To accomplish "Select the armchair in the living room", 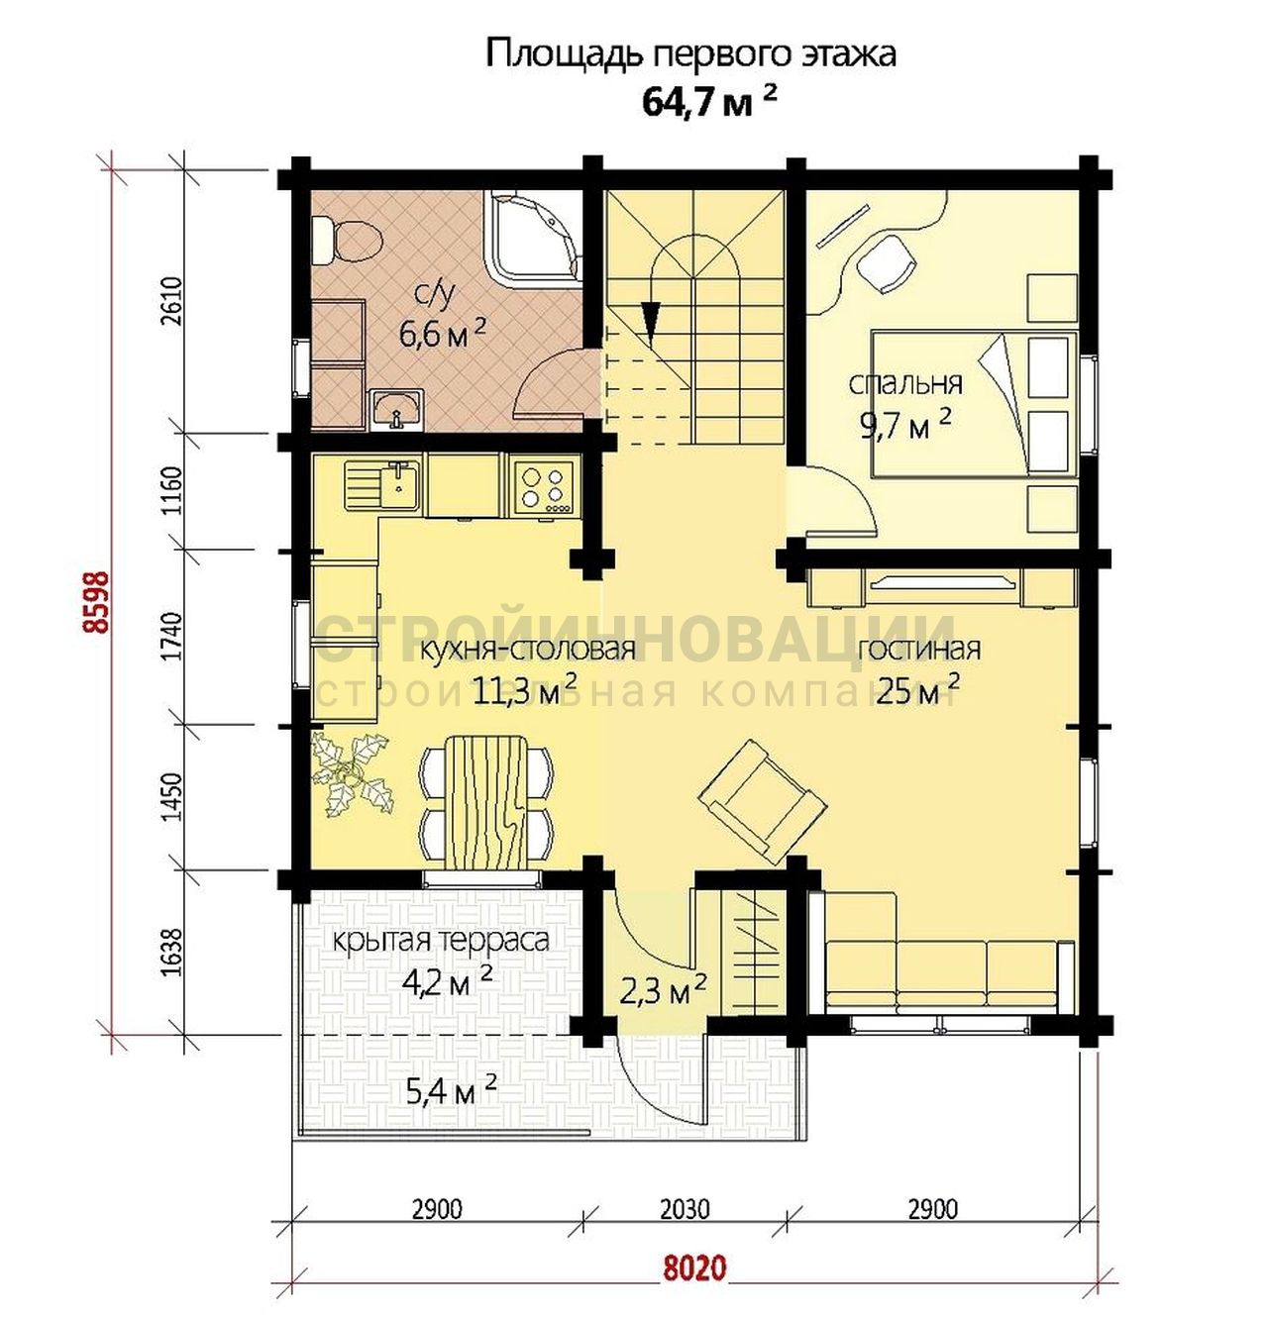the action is [764, 798].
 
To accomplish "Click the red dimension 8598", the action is [98, 602].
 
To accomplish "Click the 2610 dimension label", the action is [173, 302].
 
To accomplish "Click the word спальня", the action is [905, 383].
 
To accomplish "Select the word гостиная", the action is [918, 649].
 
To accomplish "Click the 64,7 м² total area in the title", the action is [709, 103].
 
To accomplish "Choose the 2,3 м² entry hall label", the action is [663, 991].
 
